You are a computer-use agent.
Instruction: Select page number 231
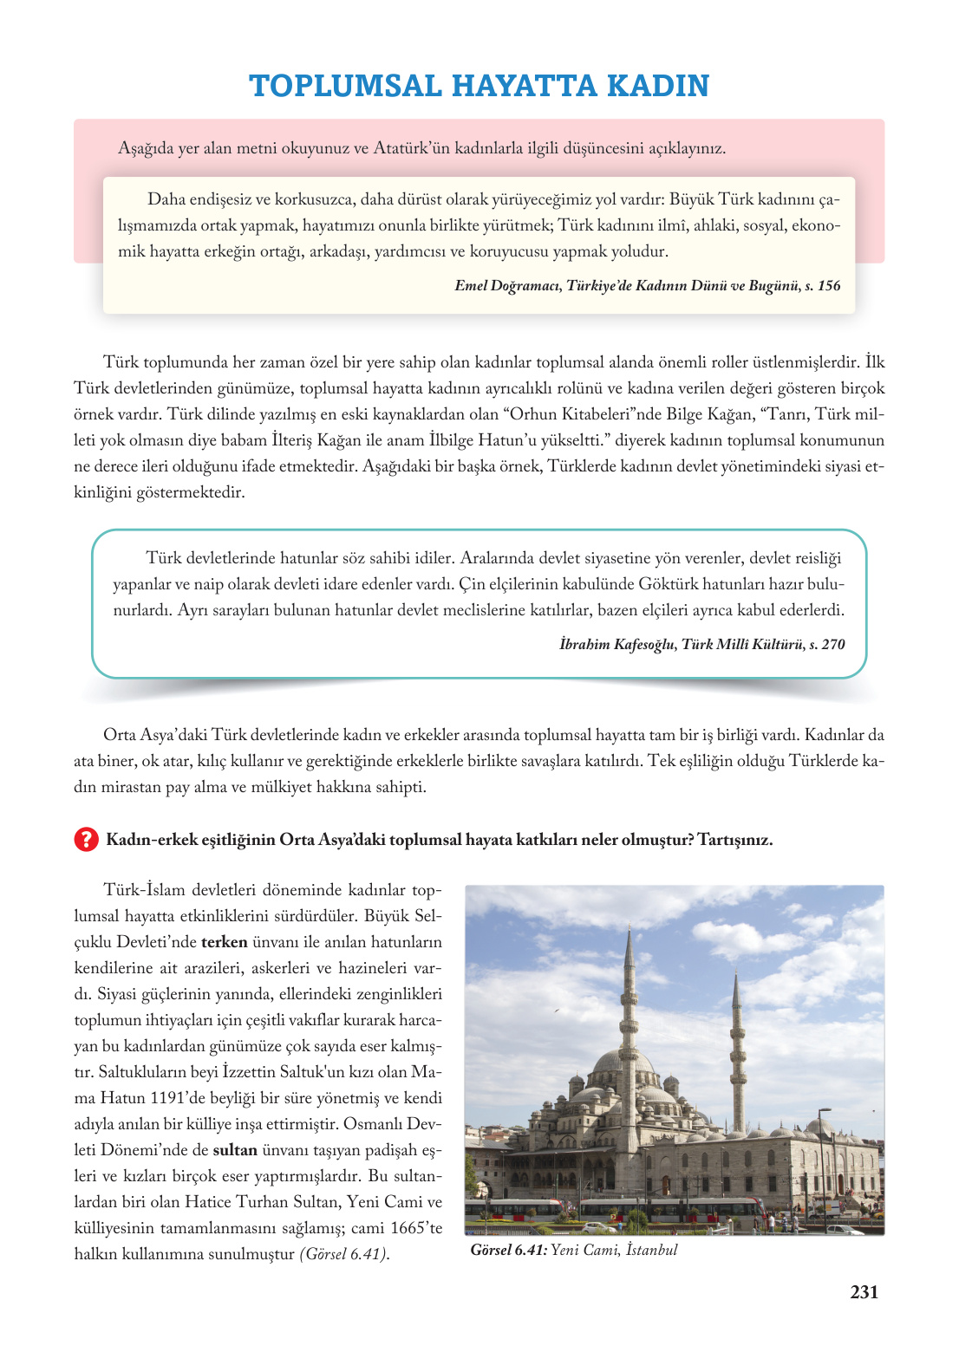coord(864,1292)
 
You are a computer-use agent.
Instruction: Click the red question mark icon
coord(86,840)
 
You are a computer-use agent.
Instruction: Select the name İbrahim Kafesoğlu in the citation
coord(616,644)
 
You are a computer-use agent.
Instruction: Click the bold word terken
coord(224,942)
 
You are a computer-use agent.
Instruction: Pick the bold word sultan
coord(235,1150)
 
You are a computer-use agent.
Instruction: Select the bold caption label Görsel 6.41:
coord(509,1250)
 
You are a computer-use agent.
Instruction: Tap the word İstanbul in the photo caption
coord(651,1250)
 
